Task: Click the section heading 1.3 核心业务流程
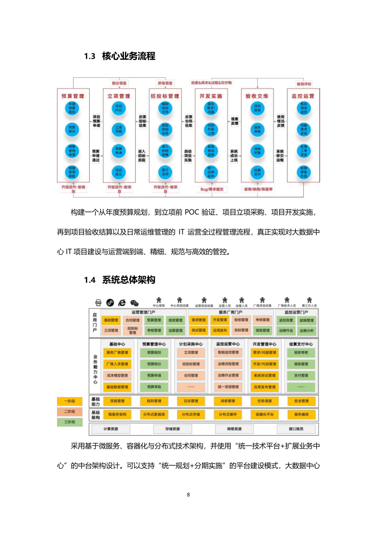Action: pyautogui.click(x=120, y=56)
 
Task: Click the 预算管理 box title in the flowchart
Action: pyautogui.click(x=73, y=96)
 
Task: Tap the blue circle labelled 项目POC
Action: pyautogui.click(x=119, y=108)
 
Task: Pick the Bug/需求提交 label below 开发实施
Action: pyautogui.click(x=212, y=189)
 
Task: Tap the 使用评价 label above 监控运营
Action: pyautogui.click(x=304, y=84)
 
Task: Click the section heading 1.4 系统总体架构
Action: pyautogui.click(x=120, y=280)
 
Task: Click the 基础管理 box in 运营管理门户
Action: pyautogui.click(x=111, y=320)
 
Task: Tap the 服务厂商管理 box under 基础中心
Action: pyautogui.click(x=117, y=353)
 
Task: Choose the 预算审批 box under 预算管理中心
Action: pyautogui.click(x=154, y=387)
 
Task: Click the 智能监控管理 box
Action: pyautogui.click(x=228, y=353)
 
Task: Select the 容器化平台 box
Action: pyautogui.click(x=264, y=414)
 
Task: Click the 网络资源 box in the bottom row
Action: pyautogui.click(x=228, y=429)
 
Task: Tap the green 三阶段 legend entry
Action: pyautogui.click(x=69, y=421)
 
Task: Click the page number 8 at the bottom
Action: pyautogui.click(x=188, y=495)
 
